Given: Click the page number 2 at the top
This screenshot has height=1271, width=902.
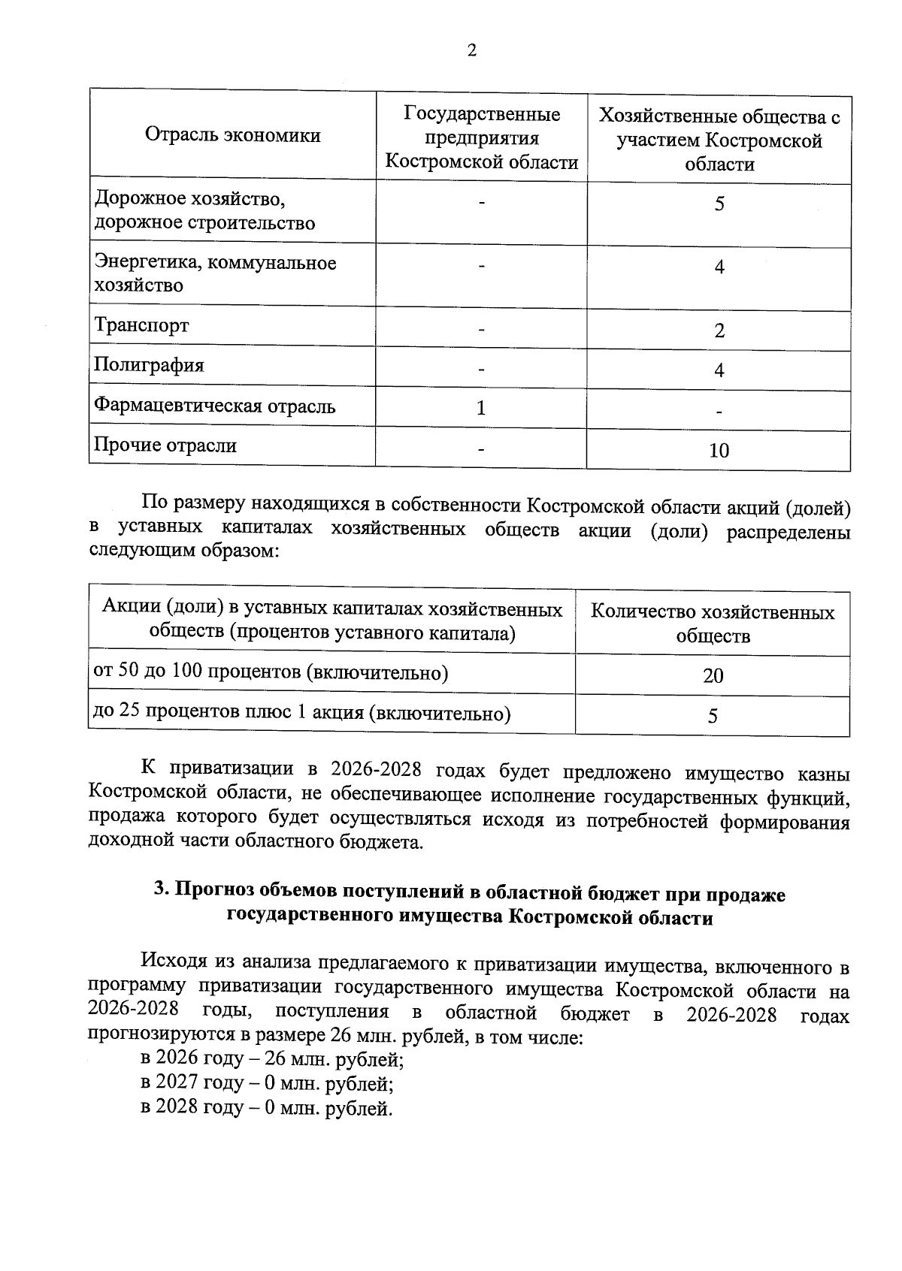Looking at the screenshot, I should pyautogui.click(x=471, y=51).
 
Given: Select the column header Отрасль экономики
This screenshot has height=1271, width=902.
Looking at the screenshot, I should pyautogui.click(x=232, y=136).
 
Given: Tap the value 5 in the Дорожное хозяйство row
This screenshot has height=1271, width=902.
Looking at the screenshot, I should pyautogui.click(x=719, y=204).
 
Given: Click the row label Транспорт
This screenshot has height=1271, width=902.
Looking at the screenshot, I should pyautogui.click(x=141, y=326).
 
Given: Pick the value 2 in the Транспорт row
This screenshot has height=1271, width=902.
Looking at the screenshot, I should pyautogui.click(x=719, y=331).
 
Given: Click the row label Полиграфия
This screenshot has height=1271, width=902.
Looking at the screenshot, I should pyautogui.click(x=149, y=366).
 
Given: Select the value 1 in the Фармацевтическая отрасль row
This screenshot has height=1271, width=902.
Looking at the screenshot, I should pyautogui.click(x=481, y=408).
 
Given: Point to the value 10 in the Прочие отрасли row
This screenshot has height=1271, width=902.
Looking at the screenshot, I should pyautogui.click(x=719, y=451).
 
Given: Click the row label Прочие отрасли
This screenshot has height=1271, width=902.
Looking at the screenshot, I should pyautogui.click(x=165, y=445).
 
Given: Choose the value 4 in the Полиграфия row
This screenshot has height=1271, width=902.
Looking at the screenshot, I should pyautogui.click(x=719, y=371).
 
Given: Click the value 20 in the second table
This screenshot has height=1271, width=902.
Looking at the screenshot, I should pyautogui.click(x=713, y=676).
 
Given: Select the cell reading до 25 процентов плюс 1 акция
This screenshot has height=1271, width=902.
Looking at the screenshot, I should pyautogui.click(x=301, y=713).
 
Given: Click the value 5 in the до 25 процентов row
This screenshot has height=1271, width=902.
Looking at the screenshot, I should pyautogui.click(x=713, y=716).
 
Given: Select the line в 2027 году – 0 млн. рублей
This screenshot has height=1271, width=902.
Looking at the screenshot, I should pyautogui.click(x=267, y=1084).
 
